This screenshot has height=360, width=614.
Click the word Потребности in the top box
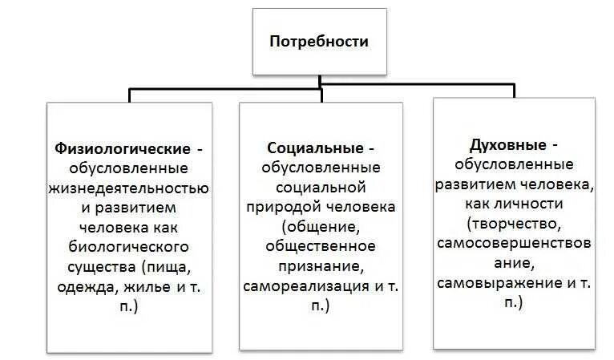pyautogui.click(x=319, y=42)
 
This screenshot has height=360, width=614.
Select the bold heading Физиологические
pyautogui.click(x=123, y=149)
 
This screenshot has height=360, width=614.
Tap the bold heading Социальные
pyautogui.click(x=315, y=149)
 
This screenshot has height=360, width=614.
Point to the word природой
pyautogui.click(x=277, y=207)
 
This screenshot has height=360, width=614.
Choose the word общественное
pyautogui.click(x=321, y=247)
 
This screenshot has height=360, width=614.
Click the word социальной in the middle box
pyautogui.click(x=321, y=188)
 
